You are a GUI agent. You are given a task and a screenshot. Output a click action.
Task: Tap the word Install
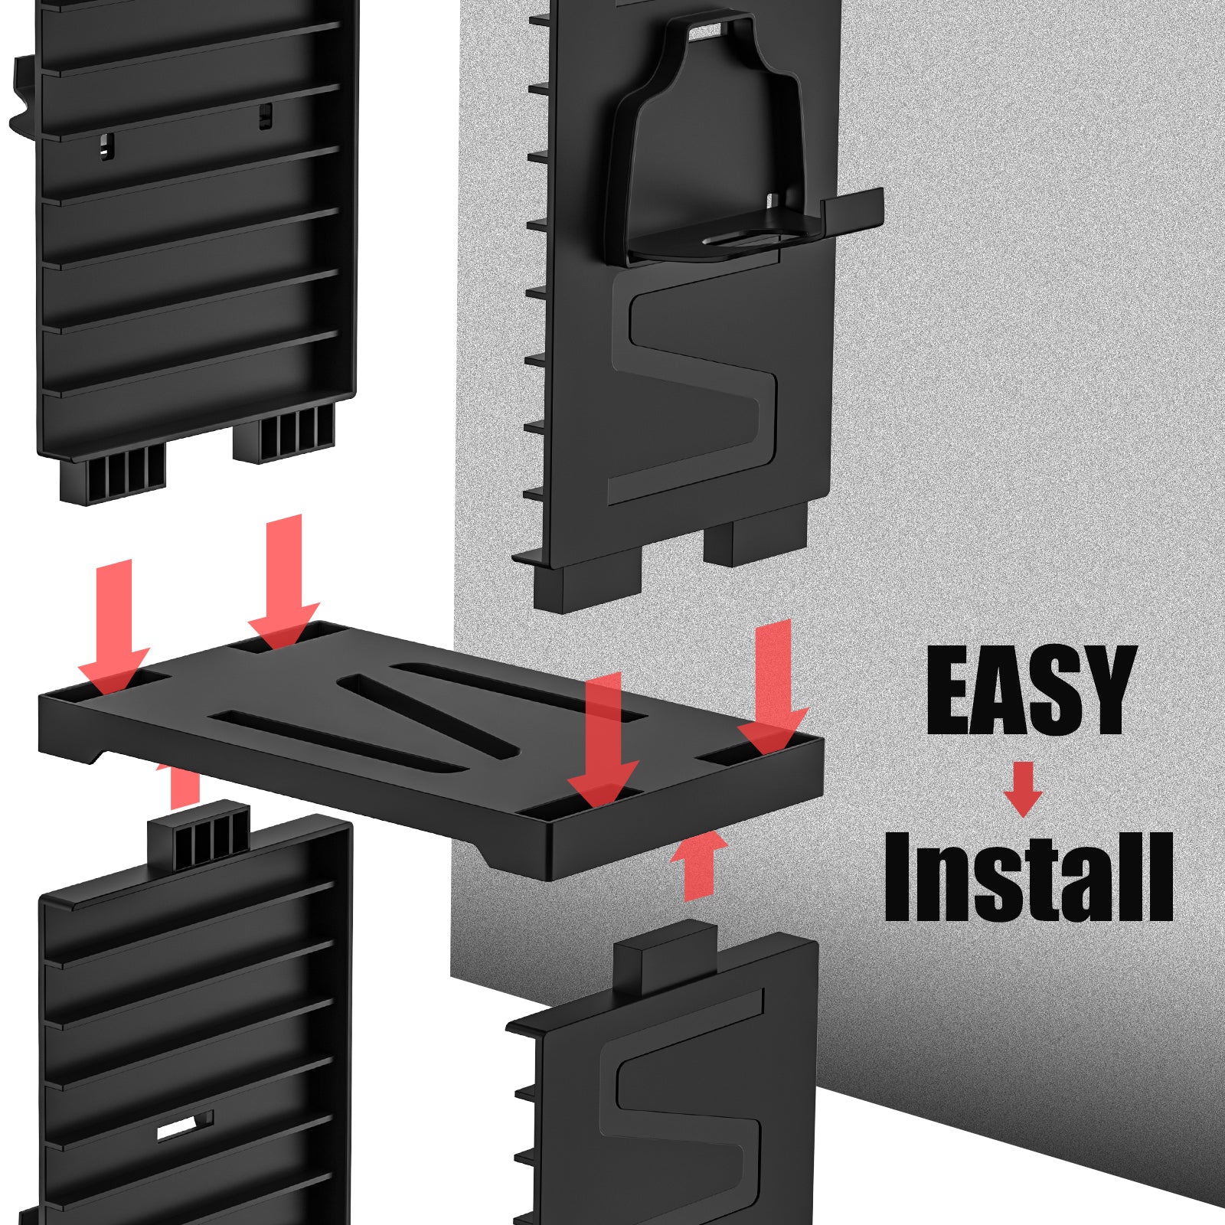pos(1028,877)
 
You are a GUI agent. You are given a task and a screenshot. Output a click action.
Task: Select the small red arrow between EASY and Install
pos(1023,789)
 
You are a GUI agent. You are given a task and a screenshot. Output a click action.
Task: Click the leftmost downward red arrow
pos(114,627)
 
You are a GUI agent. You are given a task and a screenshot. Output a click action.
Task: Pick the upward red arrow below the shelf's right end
pos(697,865)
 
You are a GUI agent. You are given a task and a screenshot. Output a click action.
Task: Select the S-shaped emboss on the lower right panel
pos(681,1102)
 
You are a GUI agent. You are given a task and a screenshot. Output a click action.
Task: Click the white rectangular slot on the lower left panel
pos(186,1126)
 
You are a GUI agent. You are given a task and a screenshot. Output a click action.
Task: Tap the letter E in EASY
pos(949,690)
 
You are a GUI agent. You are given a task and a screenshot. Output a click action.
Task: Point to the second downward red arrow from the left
pos(284,582)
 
